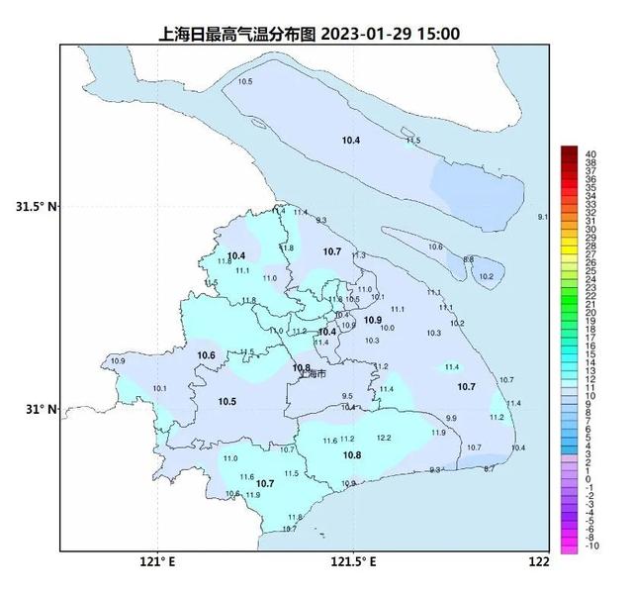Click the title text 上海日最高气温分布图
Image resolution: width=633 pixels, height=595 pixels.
pyautogui.click(x=236, y=34)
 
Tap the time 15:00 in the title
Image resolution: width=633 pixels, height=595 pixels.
pyautogui.click(x=438, y=34)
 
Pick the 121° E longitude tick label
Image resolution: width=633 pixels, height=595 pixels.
pyautogui.click(x=158, y=563)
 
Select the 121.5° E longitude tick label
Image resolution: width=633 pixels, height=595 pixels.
pyautogui.click(x=353, y=563)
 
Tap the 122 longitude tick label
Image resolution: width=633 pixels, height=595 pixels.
pyautogui.click(x=538, y=563)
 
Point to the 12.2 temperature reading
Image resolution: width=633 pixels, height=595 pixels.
pyautogui.click(x=384, y=438)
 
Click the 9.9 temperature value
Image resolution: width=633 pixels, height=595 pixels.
pyautogui.click(x=451, y=420)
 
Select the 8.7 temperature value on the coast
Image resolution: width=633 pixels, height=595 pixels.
pyautogui.click(x=489, y=468)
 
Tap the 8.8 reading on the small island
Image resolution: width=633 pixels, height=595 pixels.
pyautogui.click(x=468, y=259)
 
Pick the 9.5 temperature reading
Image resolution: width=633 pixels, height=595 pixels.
pyautogui.click(x=346, y=396)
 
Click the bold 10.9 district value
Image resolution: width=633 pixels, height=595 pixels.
pyautogui.click(x=373, y=320)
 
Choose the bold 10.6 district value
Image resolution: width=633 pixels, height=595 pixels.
pyautogui.click(x=206, y=355)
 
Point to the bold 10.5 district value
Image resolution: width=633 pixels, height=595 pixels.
pyautogui.click(x=226, y=401)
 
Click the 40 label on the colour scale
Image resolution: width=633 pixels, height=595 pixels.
pyautogui.click(x=590, y=153)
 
